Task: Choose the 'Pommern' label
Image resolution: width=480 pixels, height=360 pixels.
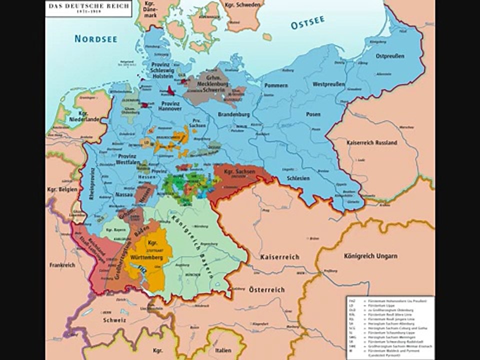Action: pos(276,85)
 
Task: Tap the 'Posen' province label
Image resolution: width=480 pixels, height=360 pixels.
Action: pos(313,114)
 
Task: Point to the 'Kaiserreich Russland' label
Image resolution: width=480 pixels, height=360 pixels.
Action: pos(371,142)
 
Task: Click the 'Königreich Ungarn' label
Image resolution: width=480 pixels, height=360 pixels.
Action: pos(371,256)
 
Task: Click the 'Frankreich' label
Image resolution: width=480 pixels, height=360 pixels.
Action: pos(62,265)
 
